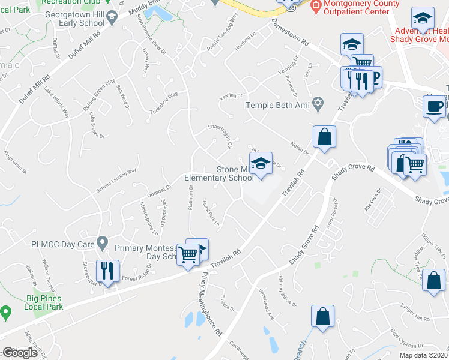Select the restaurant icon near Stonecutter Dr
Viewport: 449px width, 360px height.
[x=108, y=271]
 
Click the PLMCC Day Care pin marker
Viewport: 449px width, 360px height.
[x=103, y=243]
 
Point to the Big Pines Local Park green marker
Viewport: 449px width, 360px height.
[x=6, y=312]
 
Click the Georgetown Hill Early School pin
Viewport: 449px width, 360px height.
[x=112, y=22]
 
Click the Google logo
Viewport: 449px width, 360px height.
[x=20, y=353]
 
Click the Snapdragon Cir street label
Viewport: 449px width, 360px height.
[x=219, y=136]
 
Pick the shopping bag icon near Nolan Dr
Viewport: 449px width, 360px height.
[x=324, y=136]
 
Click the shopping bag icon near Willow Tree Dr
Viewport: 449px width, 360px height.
[x=433, y=280]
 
